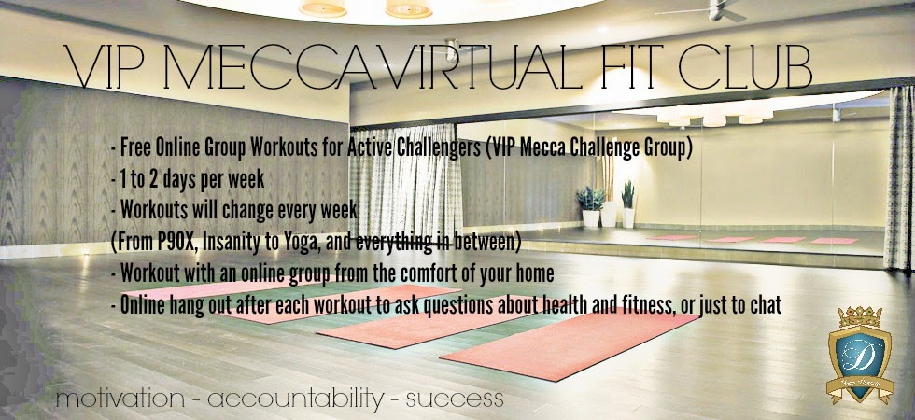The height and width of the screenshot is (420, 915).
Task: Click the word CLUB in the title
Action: click(x=745, y=66)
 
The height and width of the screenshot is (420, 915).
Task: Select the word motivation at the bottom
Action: click(x=120, y=399)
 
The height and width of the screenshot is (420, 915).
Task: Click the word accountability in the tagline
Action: click(x=296, y=400)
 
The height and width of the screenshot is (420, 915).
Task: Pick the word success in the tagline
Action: click(x=455, y=400)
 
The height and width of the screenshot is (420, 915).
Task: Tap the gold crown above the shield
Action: click(x=860, y=317)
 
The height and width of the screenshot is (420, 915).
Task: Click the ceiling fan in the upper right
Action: click(x=715, y=11)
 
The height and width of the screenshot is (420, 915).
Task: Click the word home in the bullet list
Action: click(x=536, y=273)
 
